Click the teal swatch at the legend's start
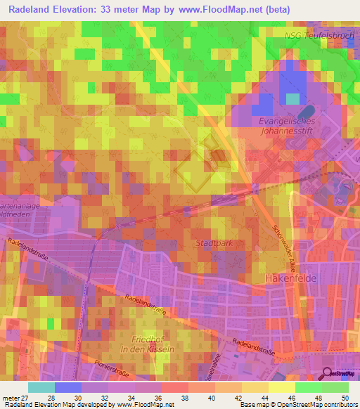[x=41, y=387]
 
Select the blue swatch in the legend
[x=68, y=387]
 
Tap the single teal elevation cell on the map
[x=292, y=98]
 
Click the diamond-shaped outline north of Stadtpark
[x=194, y=171]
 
